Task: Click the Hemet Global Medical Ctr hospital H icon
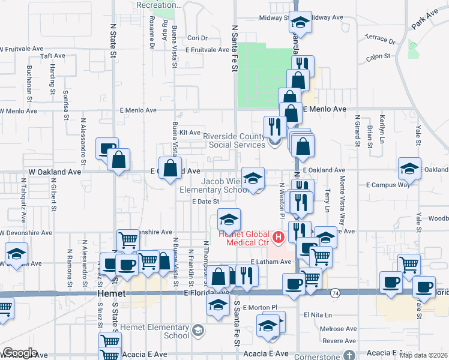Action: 278,238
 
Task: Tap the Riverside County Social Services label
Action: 234,140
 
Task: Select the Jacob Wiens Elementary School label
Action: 224,185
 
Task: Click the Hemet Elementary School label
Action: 155,331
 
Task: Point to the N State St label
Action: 113,40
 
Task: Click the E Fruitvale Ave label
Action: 207,50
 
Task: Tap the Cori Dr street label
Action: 197,38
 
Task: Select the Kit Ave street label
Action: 189,133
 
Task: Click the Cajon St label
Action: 378,57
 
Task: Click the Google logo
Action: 20,353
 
